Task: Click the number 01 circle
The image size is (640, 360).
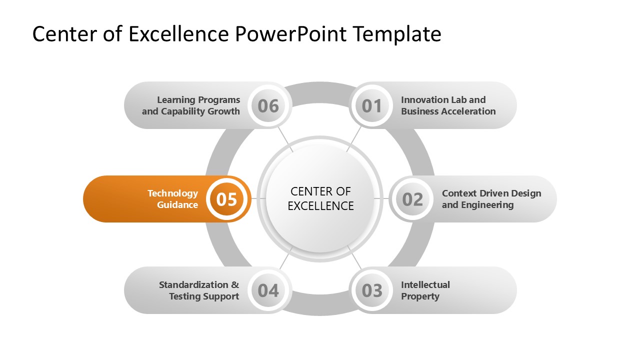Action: [x=371, y=106]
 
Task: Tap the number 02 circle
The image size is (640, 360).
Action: [x=412, y=199]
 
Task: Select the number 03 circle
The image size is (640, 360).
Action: [x=371, y=290]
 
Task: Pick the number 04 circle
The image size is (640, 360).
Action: [x=268, y=290]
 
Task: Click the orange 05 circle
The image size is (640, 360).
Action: [x=227, y=199]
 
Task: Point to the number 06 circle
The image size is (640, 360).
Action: [x=268, y=106]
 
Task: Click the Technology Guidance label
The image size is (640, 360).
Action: [x=172, y=199]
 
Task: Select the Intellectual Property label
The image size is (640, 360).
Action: [x=425, y=290]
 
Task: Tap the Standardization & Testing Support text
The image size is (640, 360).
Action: [x=199, y=290]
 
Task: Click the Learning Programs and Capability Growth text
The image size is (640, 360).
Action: [x=191, y=106]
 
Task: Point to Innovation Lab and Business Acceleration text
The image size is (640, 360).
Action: [x=448, y=106]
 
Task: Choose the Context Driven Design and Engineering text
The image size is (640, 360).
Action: [x=491, y=199]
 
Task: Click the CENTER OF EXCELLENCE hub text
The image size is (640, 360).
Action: [x=320, y=198]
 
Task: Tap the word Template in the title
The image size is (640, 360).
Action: [x=396, y=34]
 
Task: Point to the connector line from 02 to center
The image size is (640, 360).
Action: [x=382, y=198]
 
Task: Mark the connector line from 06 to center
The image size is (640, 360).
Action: [x=286, y=139]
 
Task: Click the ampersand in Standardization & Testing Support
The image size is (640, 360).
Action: [x=234, y=285]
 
